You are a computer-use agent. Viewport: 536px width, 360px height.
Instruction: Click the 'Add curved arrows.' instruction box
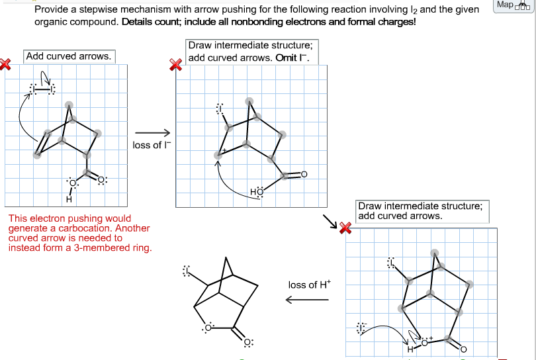pos(69,56)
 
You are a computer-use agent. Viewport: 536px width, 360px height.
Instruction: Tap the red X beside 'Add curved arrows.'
pos(6,64)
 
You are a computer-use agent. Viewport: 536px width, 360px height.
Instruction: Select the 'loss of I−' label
pos(147,145)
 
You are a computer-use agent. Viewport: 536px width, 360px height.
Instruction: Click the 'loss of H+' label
pos(308,285)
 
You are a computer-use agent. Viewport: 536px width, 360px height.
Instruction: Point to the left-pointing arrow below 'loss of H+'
pos(307,300)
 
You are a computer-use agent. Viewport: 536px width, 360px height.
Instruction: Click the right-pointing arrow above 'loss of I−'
pos(148,132)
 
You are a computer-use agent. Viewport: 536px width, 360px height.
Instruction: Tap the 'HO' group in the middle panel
pos(257,192)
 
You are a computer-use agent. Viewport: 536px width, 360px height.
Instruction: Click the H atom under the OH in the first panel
pos(69,199)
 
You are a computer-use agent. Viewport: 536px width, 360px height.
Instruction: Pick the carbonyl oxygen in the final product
pos(247,342)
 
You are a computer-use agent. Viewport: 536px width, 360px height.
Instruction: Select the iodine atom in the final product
pos(187,271)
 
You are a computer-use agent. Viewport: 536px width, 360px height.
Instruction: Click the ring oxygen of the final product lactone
pos(208,327)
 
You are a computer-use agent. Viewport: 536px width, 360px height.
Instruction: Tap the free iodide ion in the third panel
pos(361,328)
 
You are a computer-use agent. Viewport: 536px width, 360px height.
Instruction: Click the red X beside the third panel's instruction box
pos(345,228)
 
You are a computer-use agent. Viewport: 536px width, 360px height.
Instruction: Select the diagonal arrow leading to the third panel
pos(330,220)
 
